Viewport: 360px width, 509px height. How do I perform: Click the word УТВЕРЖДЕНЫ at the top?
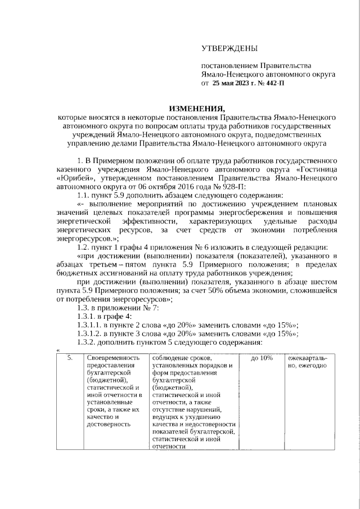click(x=229, y=49)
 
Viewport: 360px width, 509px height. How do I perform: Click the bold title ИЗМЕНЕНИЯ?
click(x=196, y=109)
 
